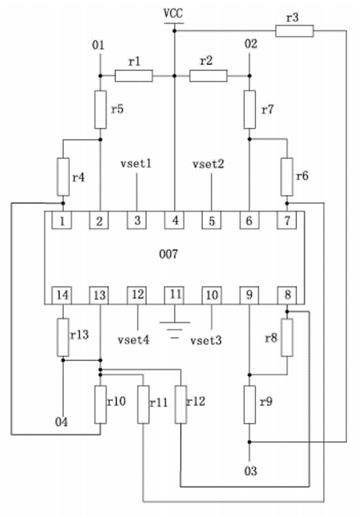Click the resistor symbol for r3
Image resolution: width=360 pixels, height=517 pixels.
294,31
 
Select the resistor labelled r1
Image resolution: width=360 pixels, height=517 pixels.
134,76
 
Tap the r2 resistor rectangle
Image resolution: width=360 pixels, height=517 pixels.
208,76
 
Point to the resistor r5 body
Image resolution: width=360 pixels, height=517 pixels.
101,109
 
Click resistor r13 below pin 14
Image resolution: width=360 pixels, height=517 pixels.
63,337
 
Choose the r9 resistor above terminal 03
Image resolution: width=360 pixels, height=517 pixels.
250,404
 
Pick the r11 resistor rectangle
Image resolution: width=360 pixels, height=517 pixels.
143,404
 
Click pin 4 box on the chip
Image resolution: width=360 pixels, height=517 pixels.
175,220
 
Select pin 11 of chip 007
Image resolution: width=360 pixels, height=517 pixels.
175,295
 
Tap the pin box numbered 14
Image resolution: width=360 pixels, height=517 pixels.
62,295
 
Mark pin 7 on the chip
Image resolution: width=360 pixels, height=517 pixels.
287,220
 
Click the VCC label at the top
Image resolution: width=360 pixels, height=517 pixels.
173,14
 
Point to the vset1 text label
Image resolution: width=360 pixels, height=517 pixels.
136,164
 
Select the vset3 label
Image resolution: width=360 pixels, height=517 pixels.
206,340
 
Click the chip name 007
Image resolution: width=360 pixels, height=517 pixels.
168,254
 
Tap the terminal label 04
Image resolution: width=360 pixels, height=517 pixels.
61,421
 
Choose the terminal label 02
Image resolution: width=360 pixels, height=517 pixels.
251,44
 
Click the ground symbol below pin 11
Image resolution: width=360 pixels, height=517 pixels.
175,329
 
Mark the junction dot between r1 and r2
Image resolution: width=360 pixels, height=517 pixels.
175,76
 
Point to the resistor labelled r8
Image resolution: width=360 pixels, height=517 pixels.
287,337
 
